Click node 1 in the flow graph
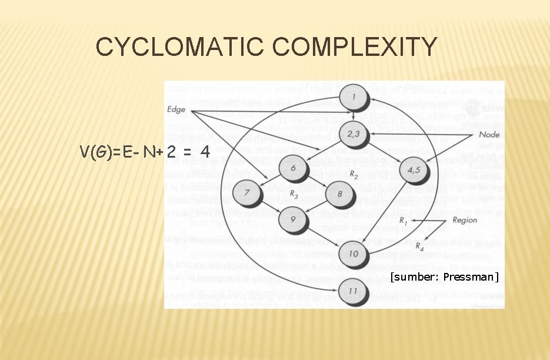coord(353,97)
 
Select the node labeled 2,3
coord(354,134)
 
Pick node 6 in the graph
coord(293,168)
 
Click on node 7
coord(246,192)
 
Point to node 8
coord(338,192)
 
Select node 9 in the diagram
coord(293,219)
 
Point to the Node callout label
coord(488,135)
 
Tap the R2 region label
coord(354,174)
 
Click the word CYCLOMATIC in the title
coord(174,47)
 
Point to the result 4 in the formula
coord(205,152)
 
